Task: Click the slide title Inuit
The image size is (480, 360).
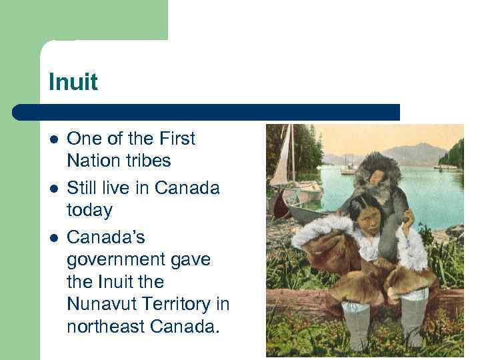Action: click(73, 83)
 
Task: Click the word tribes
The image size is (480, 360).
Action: click(149, 161)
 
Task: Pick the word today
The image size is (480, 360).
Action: click(89, 210)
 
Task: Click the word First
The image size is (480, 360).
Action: click(176, 139)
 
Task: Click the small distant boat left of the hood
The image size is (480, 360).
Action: click(347, 169)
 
